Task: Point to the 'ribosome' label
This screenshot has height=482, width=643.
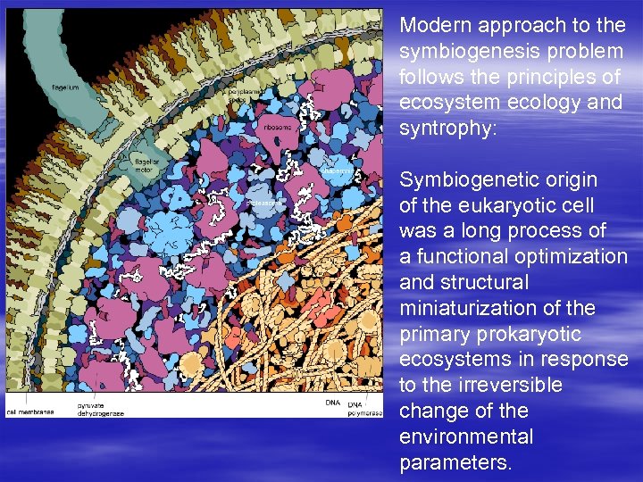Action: [x=277, y=128]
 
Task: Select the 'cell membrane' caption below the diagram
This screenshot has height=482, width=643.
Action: [x=29, y=411]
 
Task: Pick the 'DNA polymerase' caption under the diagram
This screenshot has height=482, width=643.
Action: [x=365, y=409]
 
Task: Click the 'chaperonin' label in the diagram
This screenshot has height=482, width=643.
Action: [x=337, y=170]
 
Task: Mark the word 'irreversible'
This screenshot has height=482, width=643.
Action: [x=508, y=386]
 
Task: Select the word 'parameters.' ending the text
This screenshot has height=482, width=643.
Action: [x=455, y=463]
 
